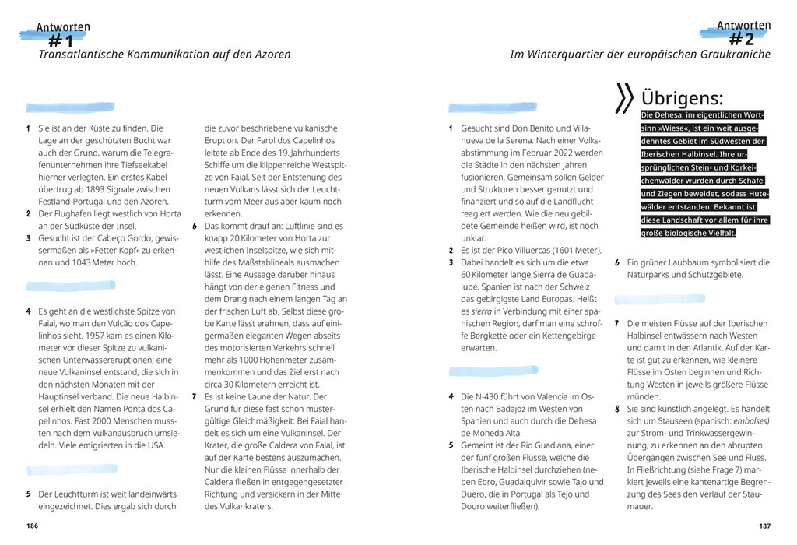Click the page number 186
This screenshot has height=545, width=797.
tap(32, 526)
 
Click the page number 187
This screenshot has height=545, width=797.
tap(764, 526)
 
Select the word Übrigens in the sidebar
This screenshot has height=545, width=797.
tap(682, 99)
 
